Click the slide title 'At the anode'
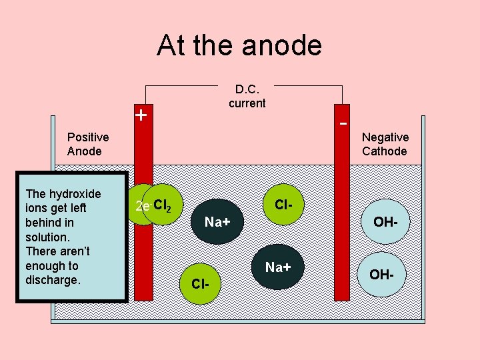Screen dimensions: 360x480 tap(239, 45)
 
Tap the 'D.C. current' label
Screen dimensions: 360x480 tap(247, 96)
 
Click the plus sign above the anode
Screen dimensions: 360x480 tap(141, 115)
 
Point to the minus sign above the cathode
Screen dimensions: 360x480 tap(343, 124)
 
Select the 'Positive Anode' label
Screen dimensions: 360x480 tap(88, 144)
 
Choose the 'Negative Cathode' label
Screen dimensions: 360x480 tap(385, 144)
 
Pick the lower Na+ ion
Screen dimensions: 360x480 tap(278, 267)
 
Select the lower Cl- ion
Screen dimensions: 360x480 tap(200, 284)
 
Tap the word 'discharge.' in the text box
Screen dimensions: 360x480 tap(53, 280)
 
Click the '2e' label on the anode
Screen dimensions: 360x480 tap(141, 207)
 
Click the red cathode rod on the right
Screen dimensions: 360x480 tap(343, 220)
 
